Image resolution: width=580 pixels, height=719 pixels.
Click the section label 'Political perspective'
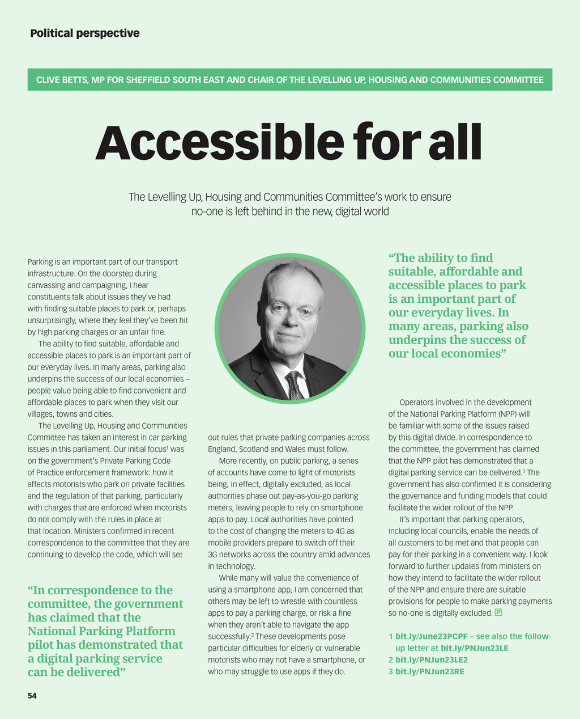pos(85,33)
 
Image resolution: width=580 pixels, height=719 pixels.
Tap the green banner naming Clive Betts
pos(289,79)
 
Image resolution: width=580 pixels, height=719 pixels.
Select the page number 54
pos(32,695)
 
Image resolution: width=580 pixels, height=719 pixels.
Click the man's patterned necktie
pos(294,386)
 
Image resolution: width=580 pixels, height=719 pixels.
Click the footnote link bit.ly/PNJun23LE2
pos(431,659)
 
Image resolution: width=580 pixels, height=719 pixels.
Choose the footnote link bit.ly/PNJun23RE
pos(429,671)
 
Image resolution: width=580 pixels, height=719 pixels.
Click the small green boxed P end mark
pos(498,612)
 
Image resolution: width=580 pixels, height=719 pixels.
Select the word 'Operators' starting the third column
pos(415,402)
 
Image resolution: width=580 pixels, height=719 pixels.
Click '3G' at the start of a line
pos(213,554)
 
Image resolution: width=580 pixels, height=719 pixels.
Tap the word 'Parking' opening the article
pos(40,262)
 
